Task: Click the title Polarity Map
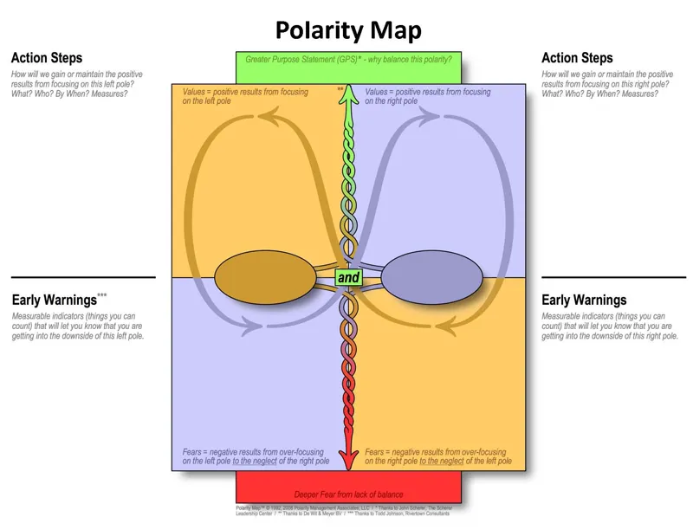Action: coord(348,31)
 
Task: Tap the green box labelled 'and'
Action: coord(348,278)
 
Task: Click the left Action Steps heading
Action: coord(47,58)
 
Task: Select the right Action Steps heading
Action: coord(577,58)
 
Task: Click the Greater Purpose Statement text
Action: coord(347,60)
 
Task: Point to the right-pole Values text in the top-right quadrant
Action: coord(428,96)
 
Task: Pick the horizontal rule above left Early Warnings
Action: coord(83,277)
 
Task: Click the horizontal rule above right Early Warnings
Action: coord(613,277)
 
